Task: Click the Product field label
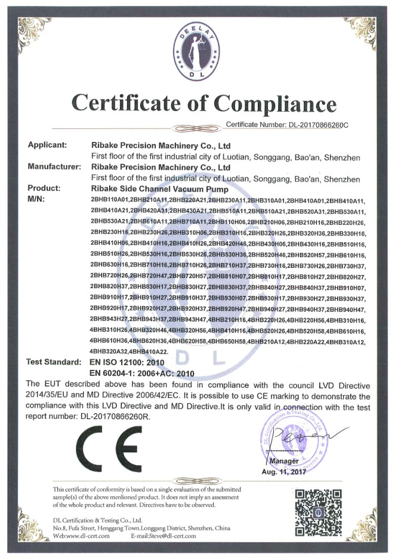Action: click(44, 188)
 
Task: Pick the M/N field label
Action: click(38, 198)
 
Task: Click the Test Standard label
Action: click(54, 362)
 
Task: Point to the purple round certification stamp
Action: click(289, 437)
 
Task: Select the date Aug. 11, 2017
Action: click(283, 471)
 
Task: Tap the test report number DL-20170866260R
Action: click(107, 417)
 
